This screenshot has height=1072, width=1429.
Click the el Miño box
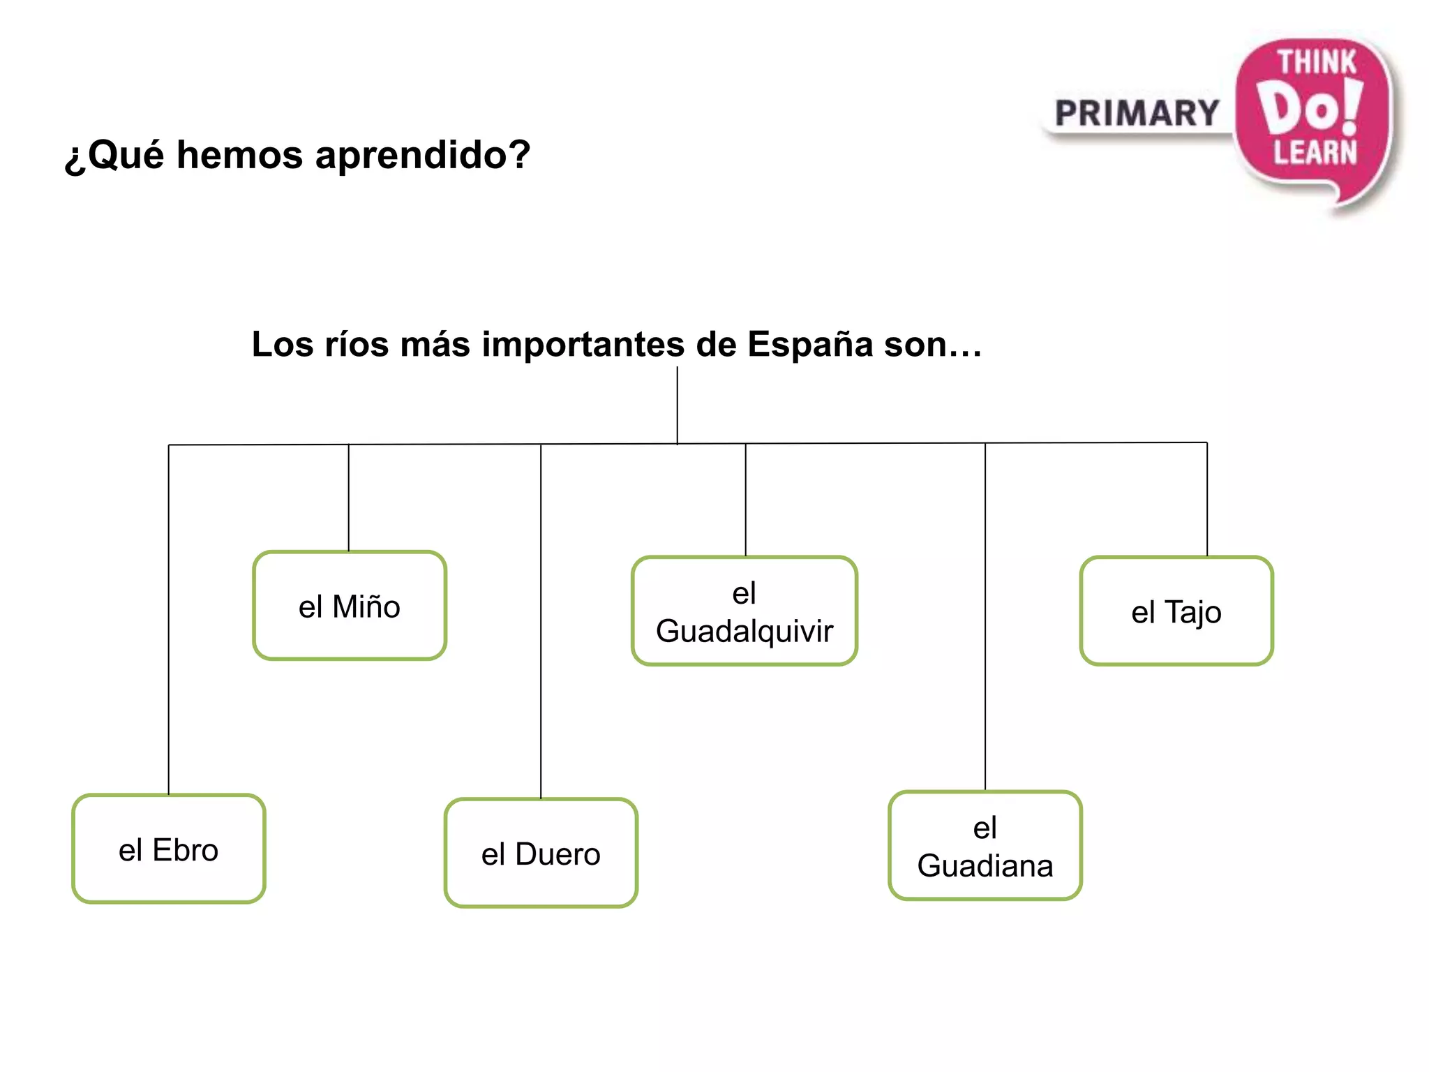[350, 605]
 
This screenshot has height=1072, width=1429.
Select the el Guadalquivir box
[745, 611]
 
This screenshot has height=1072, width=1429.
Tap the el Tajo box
[1176, 611]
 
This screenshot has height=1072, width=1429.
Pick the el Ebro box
[169, 849]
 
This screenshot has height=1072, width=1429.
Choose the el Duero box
[541, 853]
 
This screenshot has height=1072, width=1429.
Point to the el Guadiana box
[985, 845]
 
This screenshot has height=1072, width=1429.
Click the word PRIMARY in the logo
[1137, 114]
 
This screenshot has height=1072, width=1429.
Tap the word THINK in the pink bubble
[1316, 63]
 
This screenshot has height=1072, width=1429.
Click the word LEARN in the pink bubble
[1315, 152]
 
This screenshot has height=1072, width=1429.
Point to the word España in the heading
[810, 344]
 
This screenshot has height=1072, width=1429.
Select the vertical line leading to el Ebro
[169, 621]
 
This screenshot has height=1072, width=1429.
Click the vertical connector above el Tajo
[1207, 499]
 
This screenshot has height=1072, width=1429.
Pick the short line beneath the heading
[677, 405]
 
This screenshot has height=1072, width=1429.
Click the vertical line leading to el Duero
[541, 621]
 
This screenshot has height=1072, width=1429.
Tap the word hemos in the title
[239, 155]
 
